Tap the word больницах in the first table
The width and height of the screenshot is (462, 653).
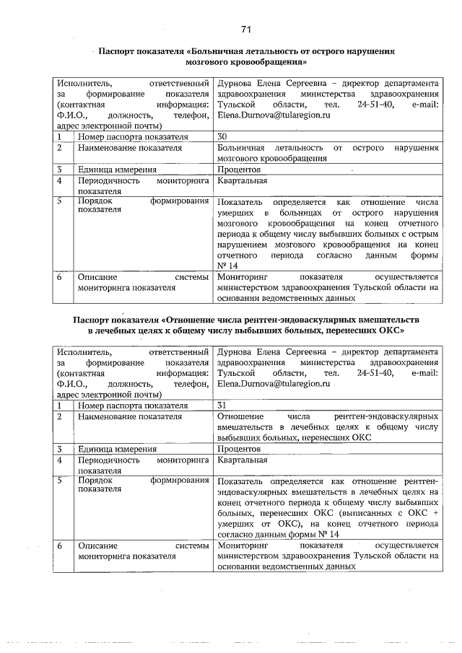[x=300, y=214]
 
